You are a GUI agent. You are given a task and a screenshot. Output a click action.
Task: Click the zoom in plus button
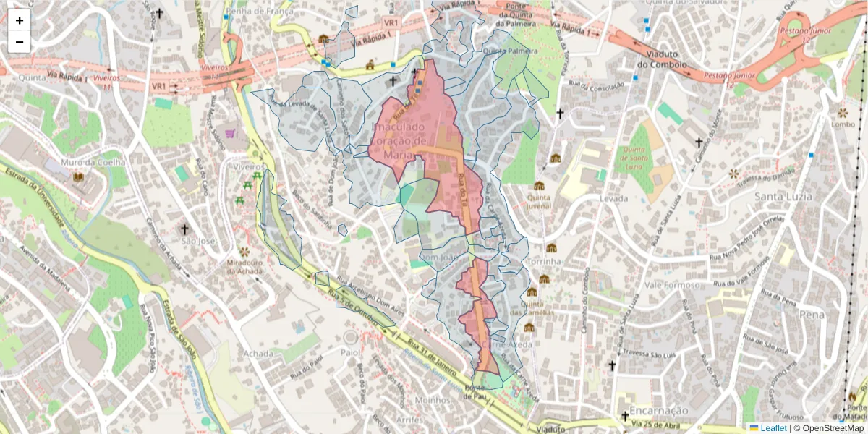coord(20,20)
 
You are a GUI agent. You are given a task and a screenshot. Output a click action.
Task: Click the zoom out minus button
coord(20,42)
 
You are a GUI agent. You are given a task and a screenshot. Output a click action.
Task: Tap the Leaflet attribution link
coord(773,428)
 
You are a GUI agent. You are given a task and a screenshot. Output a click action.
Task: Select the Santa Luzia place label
coord(783,196)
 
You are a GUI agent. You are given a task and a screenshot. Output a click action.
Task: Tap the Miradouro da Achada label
coord(244,266)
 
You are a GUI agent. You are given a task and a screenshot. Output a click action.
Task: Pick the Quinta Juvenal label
coord(539,200)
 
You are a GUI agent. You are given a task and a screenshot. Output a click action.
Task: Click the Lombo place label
coord(843,124)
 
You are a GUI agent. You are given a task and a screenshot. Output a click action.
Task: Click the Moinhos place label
coord(434,399)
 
